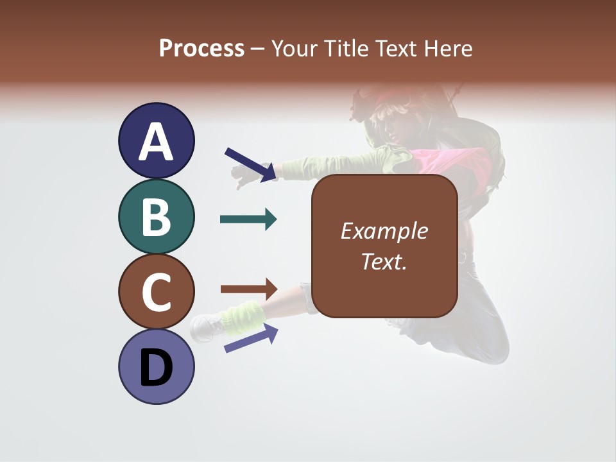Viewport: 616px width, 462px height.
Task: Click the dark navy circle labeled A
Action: click(156, 141)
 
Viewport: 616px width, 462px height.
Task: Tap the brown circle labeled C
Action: click(156, 291)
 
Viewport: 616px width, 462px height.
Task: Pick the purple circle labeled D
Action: click(156, 366)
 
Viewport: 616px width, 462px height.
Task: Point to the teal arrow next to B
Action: click(248, 219)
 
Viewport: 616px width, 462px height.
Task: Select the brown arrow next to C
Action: click(248, 289)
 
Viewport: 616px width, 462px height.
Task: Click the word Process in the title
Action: click(201, 49)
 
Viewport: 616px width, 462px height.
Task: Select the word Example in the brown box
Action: click(384, 231)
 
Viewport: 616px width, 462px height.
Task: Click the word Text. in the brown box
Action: click(384, 261)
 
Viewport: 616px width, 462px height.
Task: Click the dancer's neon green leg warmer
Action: click(243, 316)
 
